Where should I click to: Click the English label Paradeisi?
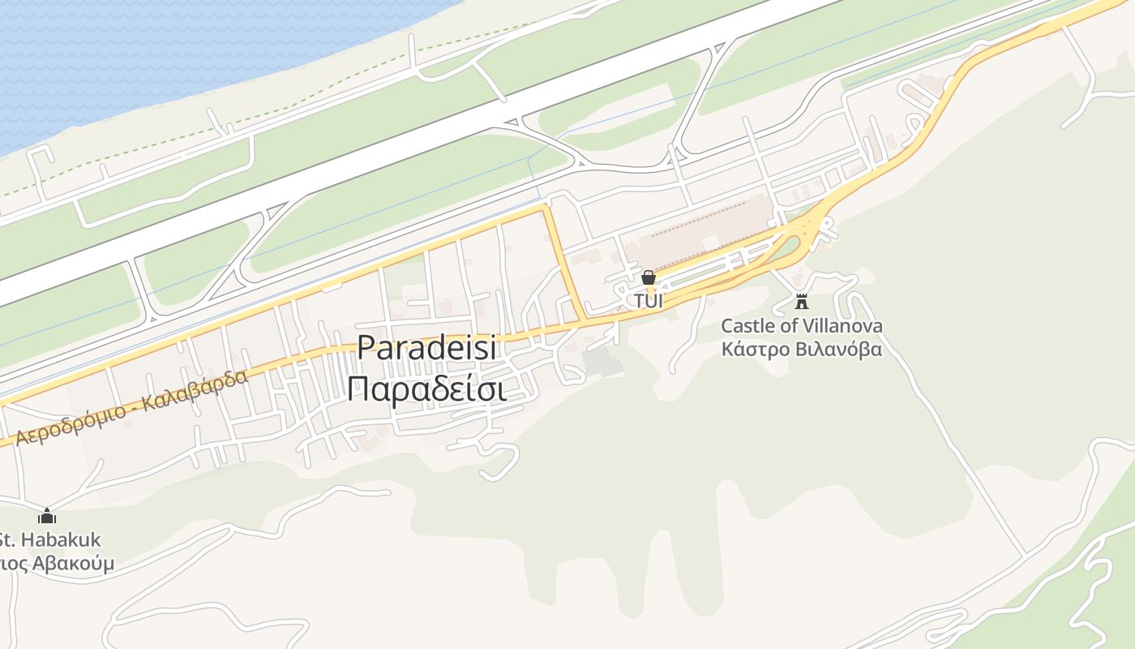[426, 347]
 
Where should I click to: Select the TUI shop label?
[649, 301]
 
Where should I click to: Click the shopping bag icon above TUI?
[649, 278]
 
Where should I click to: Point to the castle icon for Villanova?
[802, 302]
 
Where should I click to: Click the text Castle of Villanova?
[802, 326]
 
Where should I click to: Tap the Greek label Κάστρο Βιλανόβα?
[802, 350]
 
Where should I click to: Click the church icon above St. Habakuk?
[47, 516]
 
